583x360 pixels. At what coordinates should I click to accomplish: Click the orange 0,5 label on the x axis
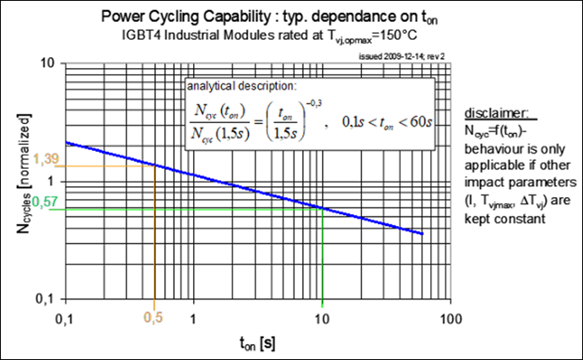point(154,319)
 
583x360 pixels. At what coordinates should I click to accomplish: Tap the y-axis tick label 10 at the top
point(49,64)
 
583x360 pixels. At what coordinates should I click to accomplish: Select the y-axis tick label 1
point(53,181)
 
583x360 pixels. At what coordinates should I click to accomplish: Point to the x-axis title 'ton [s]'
point(256,343)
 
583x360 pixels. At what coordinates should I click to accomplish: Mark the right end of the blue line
point(422,234)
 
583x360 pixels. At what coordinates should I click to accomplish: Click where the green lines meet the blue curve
point(321,208)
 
